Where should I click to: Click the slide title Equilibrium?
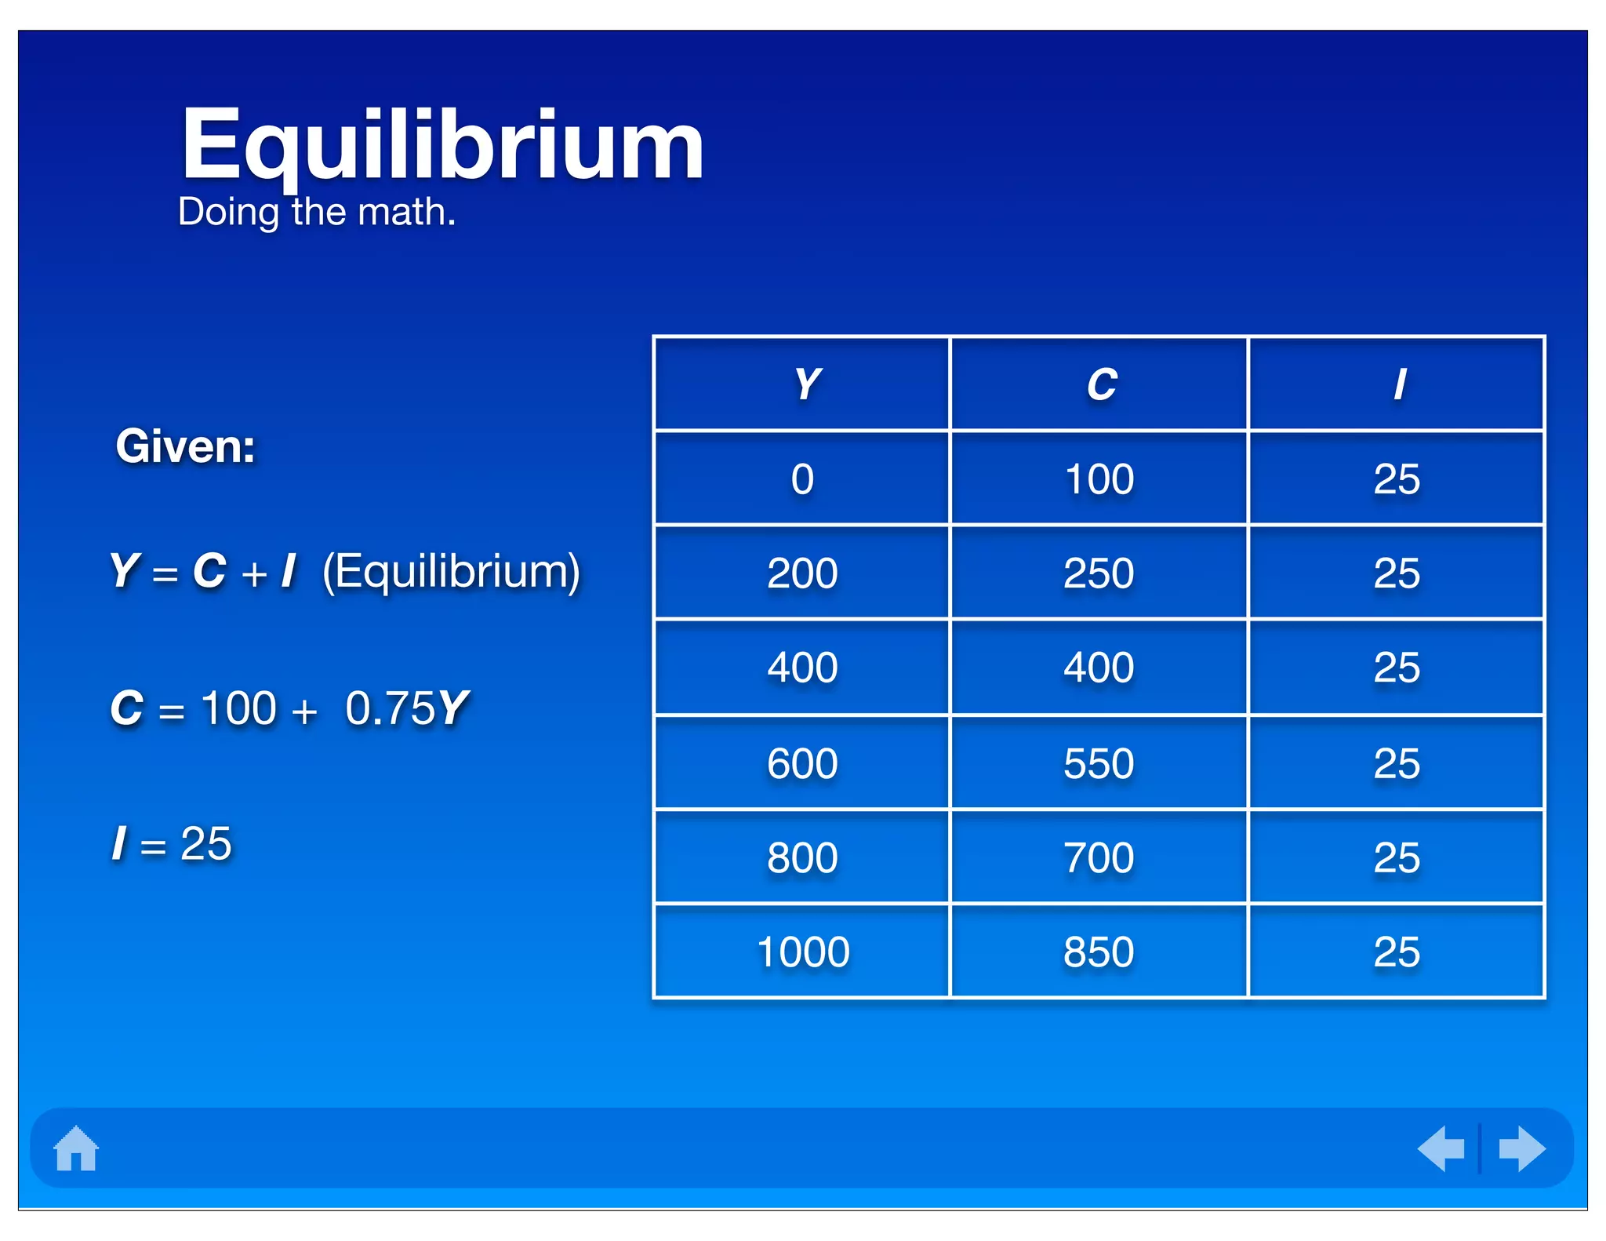pyautogui.click(x=441, y=147)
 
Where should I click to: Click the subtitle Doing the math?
pyautogui.click(x=317, y=212)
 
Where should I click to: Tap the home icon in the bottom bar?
pyautogui.click(x=76, y=1148)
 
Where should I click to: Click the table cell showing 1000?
pyautogui.click(x=803, y=952)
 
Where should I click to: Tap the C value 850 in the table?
pyautogui.click(x=1099, y=952)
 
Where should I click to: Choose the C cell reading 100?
pyautogui.click(x=1099, y=479)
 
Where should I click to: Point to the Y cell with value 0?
pyautogui.click(x=802, y=479)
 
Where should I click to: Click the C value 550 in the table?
pyautogui.click(x=1099, y=763)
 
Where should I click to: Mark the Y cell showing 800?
pyautogui.click(x=802, y=857)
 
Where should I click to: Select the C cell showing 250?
pyautogui.click(x=1099, y=573)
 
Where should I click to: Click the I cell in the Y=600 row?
pyautogui.click(x=1397, y=763)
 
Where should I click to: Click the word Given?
pyautogui.click(x=185, y=446)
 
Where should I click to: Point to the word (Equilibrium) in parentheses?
pyautogui.click(x=451, y=571)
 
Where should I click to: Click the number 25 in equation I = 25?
pyautogui.click(x=206, y=844)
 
